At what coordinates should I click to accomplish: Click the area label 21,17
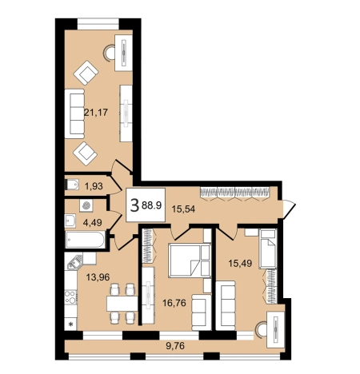tap(96, 112)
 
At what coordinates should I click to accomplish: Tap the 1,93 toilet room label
tap(94, 186)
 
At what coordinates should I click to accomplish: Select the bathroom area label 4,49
tap(92, 222)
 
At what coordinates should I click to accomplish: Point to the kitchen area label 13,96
tap(98, 277)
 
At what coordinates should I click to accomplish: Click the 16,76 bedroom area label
tap(174, 303)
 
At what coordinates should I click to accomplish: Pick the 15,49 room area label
tap(240, 263)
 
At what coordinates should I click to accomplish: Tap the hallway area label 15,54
tap(183, 209)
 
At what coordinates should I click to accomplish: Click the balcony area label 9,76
tap(175, 346)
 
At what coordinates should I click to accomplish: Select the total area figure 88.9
tap(152, 205)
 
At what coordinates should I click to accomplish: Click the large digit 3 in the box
tap(134, 206)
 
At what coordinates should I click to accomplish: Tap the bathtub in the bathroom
tap(85, 240)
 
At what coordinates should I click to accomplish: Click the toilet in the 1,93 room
tap(71, 185)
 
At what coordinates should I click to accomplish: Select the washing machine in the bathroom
tap(86, 205)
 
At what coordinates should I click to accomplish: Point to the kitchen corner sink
tap(74, 261)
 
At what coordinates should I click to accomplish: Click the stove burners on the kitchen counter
tap(70, 296)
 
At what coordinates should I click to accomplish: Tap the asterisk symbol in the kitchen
tap(70, 324)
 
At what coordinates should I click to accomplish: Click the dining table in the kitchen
tap(122, 304)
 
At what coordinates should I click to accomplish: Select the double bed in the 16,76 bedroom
tap(190, 261)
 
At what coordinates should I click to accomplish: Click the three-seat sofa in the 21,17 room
tap(74, 113)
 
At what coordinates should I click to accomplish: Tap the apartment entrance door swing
tap(289, 209)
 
